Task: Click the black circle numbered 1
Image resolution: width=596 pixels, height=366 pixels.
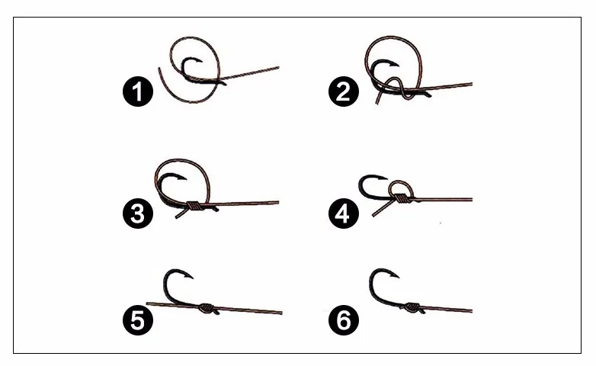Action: pos(138,91)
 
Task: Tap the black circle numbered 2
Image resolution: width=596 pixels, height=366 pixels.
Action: pos(344,91)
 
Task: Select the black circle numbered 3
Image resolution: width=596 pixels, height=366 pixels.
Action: pos(138,213)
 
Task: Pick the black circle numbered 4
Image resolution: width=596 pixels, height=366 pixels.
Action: pos(344,213)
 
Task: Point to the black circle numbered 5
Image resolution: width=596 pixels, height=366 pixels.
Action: pos(138,319)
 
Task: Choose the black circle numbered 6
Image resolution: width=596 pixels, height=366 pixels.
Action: pos(344,319)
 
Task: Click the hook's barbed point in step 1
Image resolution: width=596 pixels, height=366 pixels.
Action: pos(202,61)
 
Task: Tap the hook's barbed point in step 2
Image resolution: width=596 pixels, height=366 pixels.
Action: pos(399,65)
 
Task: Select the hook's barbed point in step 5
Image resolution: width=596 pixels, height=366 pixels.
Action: pos(193,278)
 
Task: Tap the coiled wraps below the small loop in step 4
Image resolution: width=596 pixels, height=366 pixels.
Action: pos(400,198)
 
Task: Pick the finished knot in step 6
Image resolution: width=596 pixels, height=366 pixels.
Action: pos(412,307)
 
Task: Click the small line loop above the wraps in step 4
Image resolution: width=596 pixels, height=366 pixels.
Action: pos(401,181)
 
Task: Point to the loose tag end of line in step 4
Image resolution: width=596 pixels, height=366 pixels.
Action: pos(383,208)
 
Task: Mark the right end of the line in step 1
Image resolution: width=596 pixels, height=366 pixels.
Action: pos(279,68)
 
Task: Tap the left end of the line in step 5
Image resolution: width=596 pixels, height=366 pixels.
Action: pos(148,303)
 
